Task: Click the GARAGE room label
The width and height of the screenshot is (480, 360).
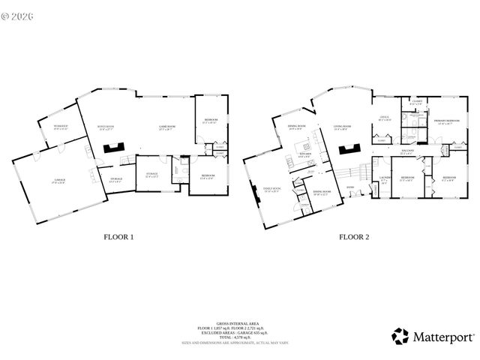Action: click(x=58, y=179)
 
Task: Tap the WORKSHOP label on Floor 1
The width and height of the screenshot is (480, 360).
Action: click(x=60, y=126)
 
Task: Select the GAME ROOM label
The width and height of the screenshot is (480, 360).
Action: click(x=166, y=127)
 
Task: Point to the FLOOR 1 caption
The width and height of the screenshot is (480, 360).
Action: click(x=118, y=237)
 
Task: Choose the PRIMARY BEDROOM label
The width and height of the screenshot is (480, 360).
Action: click(x=447, y=121)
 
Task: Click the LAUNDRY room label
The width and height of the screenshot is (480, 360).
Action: click(x=385, y=179)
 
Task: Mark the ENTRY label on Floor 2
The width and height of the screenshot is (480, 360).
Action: click(x=350, y=187)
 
